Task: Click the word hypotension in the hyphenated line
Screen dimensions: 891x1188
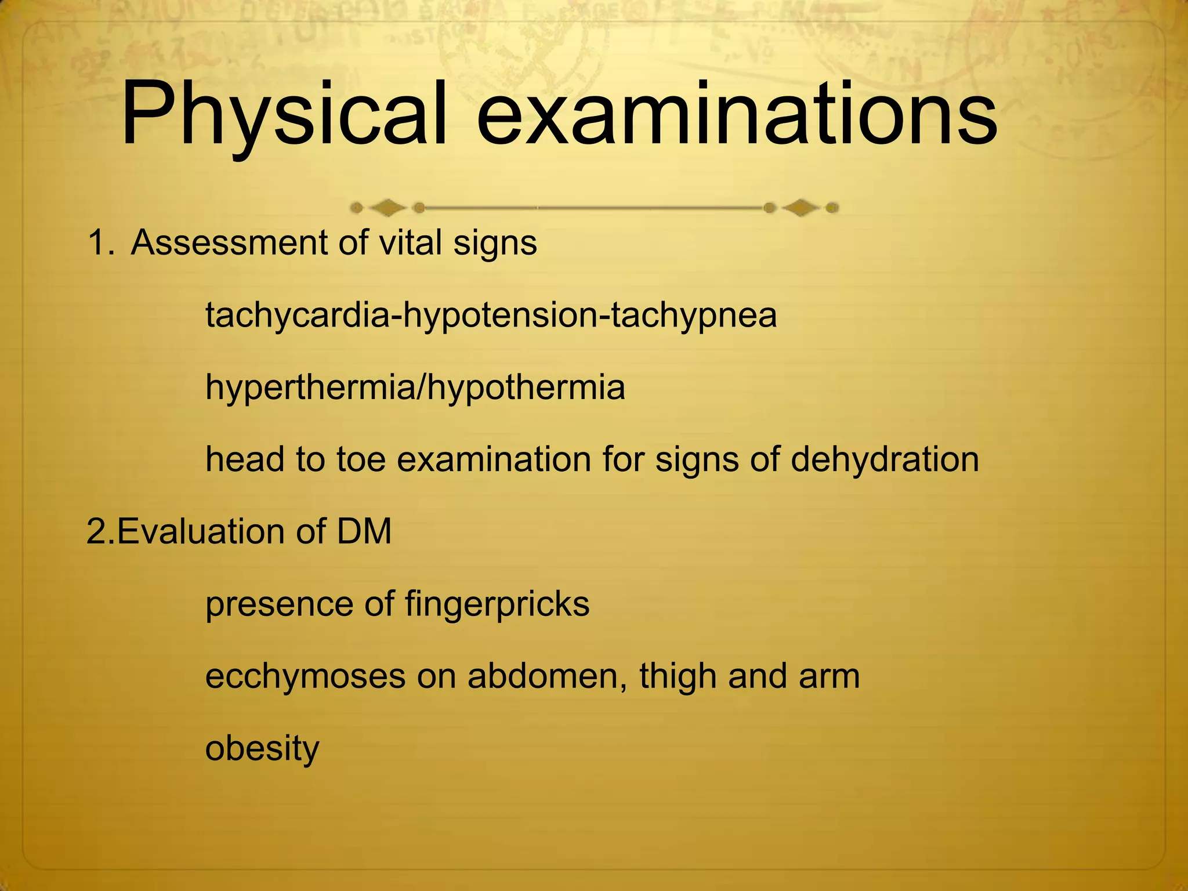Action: click(x=499, y=317)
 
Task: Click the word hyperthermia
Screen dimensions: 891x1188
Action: click(x=310, y=389)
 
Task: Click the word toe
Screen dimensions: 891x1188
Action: click(x=362, y=460)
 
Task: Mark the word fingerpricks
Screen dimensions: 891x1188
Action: click(x=497, y=604)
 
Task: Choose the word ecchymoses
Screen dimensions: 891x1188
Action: click(x=305, y=678)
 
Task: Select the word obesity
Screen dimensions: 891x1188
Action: click(x=262, y=749)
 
